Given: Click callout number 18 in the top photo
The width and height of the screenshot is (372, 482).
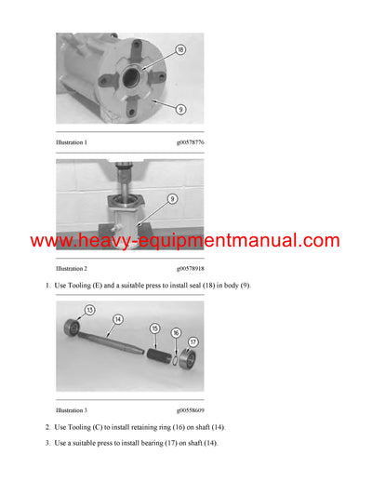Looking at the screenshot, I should tap(179, 49).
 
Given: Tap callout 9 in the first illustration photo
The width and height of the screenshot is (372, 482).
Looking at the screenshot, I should tap(179, 109).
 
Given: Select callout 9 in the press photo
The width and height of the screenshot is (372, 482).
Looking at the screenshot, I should tap(173, 197).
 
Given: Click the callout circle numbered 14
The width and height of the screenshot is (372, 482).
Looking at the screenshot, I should tap(118, 318).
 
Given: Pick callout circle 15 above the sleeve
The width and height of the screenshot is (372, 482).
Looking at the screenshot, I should tap(154, 328).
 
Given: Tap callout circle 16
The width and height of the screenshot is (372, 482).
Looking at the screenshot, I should tap(176, 331).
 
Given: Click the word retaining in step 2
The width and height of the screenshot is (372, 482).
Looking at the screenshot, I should tap(144, 427).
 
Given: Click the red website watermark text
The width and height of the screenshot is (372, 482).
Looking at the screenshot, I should tap(186, 241).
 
